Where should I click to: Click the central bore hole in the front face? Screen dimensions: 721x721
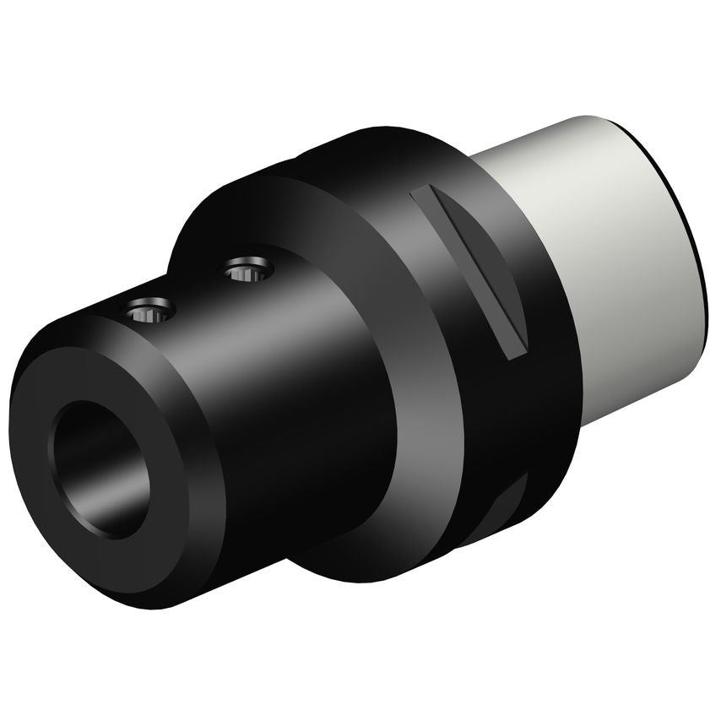pos(101,469)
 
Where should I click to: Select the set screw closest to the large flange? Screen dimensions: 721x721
pos(249,271)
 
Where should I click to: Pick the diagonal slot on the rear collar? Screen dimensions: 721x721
pos(469,270)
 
